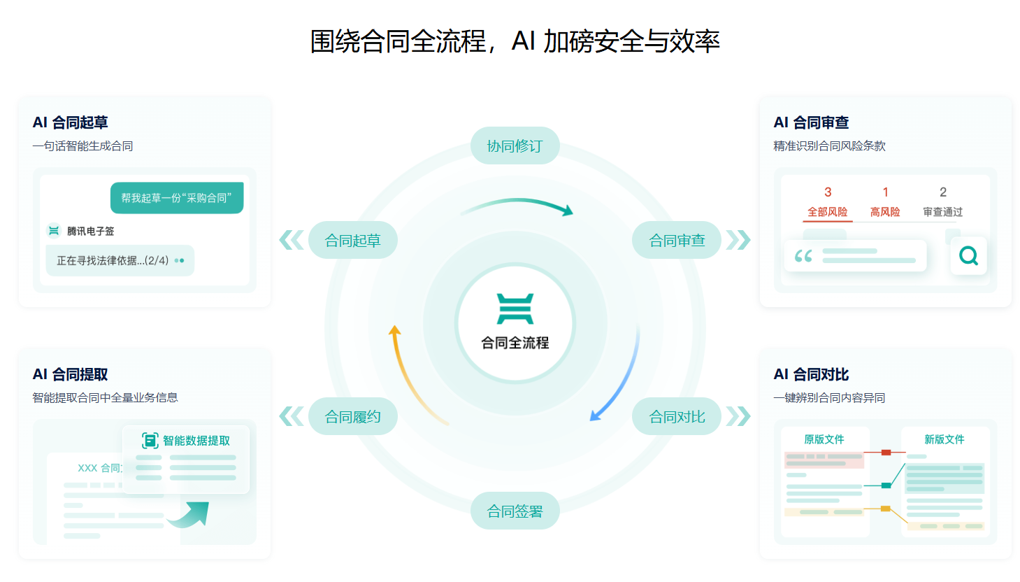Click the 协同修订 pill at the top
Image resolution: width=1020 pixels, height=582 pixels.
coord(515,145)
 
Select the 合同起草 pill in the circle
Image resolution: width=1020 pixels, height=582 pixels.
coord(353,240)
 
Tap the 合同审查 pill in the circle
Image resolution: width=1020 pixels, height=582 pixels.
coord(677,240)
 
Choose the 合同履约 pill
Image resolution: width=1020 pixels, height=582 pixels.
coord(353,416)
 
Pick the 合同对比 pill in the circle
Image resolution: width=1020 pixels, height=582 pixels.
coord(677,416)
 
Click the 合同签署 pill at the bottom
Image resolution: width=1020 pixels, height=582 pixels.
coord(515,511)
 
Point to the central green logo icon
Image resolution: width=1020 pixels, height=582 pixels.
coord(515,309)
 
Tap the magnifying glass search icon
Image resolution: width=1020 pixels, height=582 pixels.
coord(968,256)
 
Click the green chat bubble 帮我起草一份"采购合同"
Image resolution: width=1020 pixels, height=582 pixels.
coord(177,198)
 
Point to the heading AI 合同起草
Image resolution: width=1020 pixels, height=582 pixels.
coord(70,122)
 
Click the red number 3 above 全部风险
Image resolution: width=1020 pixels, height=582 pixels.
coord(828,192)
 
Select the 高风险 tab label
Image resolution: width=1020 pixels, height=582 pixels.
coord(885,212)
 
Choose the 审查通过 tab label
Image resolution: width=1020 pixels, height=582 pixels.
coord(943,212)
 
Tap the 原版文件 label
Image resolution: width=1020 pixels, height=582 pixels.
coord(824,439)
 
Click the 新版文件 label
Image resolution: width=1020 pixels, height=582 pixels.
coord(944,439)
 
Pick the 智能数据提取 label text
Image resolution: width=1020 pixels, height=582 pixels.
coord(196,441)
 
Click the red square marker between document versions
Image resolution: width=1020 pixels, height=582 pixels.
coord(886,453)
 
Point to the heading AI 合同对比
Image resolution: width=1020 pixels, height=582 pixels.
coord(811,374)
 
